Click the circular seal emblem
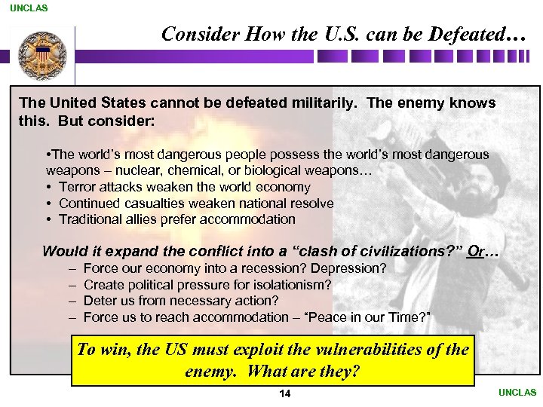[x=42, y=54]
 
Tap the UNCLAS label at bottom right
[x=517, y=393]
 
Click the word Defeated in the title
[x=470, y=35]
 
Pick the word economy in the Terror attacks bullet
[x=278, y=187]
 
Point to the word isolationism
[x=290, y=285]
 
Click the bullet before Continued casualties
[x=49, y=203]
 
